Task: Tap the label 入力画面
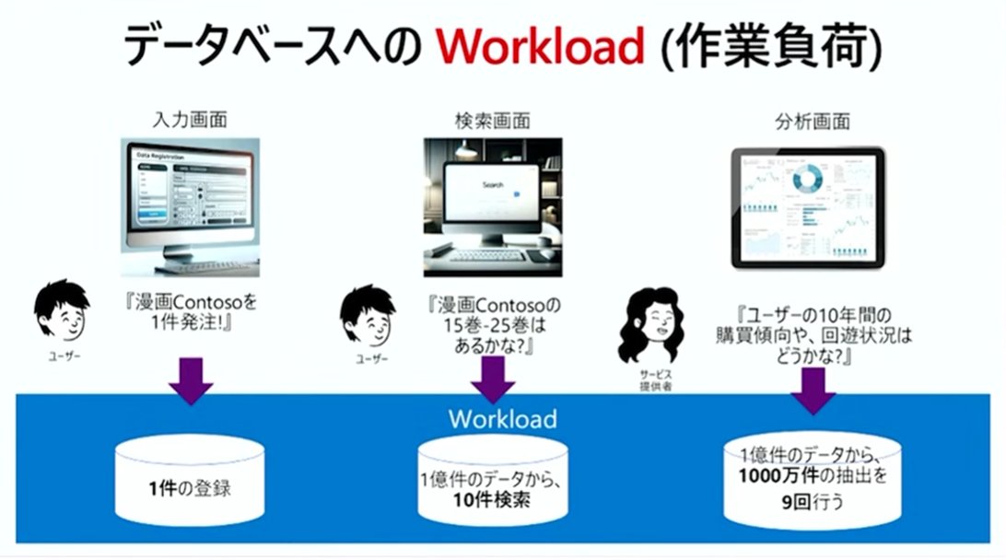pos(190,120)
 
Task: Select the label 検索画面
pos(492,120)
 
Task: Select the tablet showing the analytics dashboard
pos(808,206)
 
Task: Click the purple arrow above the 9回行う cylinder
pos(813,391)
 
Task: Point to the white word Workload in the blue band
pos(502,420)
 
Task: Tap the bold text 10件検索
pos(494,499)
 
